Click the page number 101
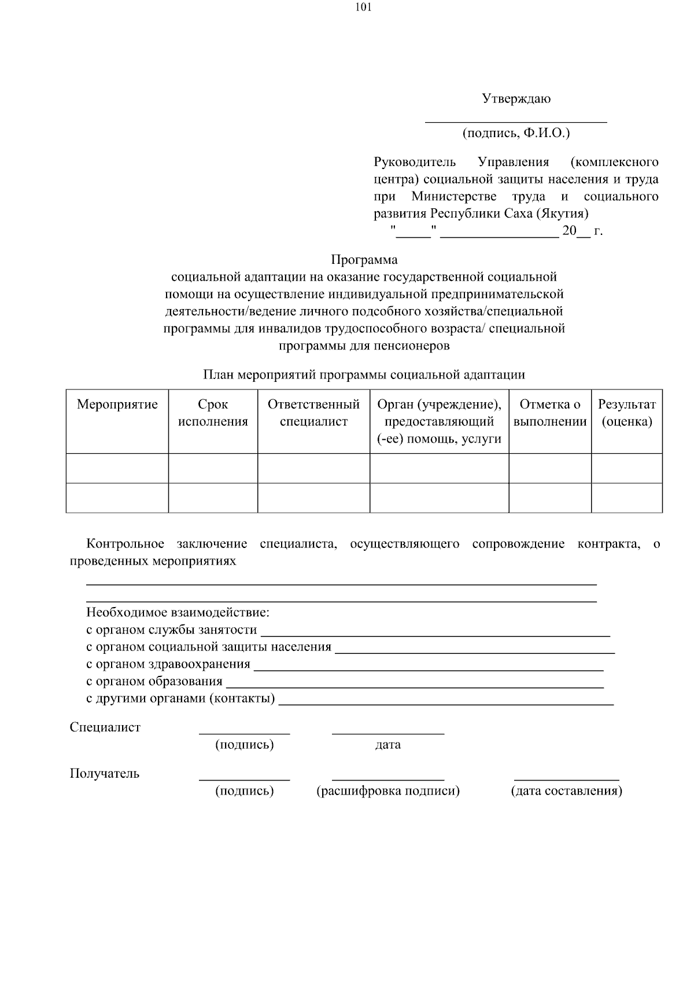(x=364, y=8)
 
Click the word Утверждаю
(x=516, y=98)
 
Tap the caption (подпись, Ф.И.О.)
(x=516, y=133)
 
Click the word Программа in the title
(x=364, y=260)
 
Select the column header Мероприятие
(x=117, y=404)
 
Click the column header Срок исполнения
(x=213, y=413)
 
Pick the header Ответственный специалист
(x=313, y=413)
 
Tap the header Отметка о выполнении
(x=549, y=413)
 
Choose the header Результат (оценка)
(x=626, y=413)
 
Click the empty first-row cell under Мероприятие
(x=117, y=468)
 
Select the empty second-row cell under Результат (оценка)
(x=626, y=498)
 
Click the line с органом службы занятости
(x=172, y=630)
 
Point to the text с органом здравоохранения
(x=168, y=664)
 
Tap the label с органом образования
(x=154, y=681)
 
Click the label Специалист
(x=105, y=727)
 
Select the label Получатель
(x=105, y=774)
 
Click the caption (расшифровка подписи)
(x=387, y=791)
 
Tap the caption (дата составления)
(x=566, y=791)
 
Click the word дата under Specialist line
(x=387, y=745)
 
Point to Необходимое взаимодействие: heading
(x=178, y=612)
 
